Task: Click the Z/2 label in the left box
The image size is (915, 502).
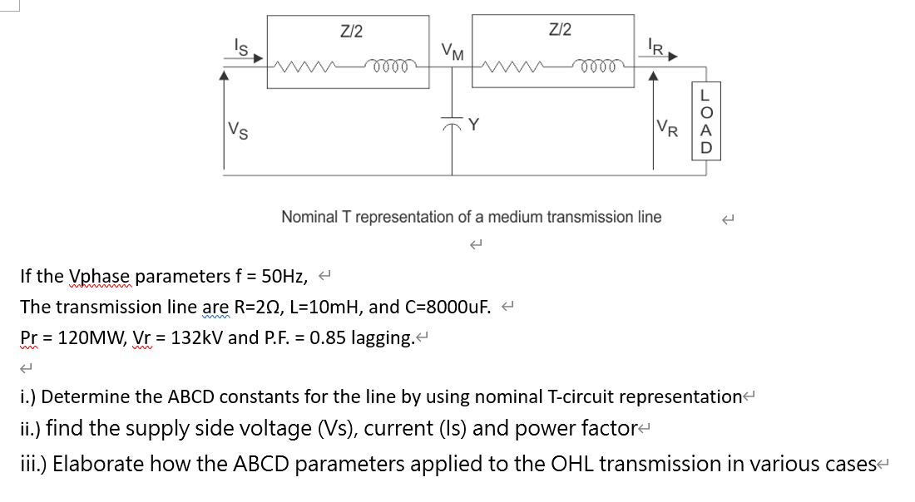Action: (x=352, y=32)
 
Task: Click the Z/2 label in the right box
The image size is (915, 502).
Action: (x=561, y=30)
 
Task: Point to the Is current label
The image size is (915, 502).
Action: (x=240, y=48)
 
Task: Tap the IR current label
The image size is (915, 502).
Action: (x=655, y=47)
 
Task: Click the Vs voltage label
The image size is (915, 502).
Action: (x=236, y=130)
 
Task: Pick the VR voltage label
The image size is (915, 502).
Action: (x=667, y=129)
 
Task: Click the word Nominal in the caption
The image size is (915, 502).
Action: (x=309, y=217)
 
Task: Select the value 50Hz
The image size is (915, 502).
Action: (x=287, y=276)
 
